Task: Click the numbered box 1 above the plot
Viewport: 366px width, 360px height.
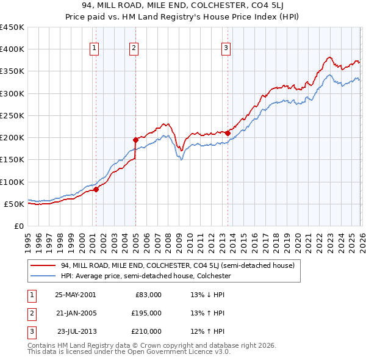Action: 95,49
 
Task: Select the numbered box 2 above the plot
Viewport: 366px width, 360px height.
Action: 134,49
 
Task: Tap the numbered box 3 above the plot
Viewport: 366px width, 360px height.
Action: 226,49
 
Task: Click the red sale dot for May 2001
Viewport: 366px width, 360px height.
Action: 96,189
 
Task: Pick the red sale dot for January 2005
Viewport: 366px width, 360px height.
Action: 135,140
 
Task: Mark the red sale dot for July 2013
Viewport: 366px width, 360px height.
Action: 228,133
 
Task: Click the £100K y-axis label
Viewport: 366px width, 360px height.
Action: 12,182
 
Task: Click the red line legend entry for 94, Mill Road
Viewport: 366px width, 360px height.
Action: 177,265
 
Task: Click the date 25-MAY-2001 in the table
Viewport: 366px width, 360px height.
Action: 75,294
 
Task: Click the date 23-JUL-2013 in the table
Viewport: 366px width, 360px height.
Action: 76,331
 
